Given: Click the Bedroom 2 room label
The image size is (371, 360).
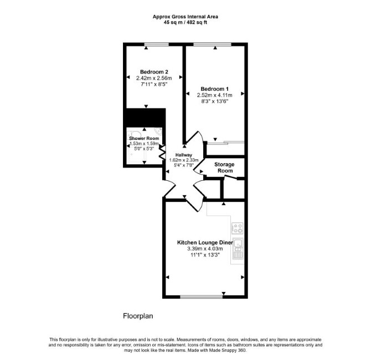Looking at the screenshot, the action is point(154,72).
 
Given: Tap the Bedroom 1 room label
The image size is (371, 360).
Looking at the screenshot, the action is point(215,89).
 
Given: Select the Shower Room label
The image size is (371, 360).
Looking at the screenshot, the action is point(144,138).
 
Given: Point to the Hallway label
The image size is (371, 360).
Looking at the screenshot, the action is point(184,155).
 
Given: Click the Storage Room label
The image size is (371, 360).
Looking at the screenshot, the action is point(225,168).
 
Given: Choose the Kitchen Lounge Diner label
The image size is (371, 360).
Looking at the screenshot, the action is point(205,243).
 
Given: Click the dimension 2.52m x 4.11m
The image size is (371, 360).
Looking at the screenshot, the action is point(215,95).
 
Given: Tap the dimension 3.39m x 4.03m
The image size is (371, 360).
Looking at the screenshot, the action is point(205,249).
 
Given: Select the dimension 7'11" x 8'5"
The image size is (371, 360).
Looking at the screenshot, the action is point(154,84).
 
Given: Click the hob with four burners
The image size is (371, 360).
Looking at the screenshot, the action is point(238,228).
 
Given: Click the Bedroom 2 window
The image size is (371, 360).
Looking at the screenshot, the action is point(157,44).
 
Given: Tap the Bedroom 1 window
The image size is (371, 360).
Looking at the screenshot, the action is point(212,44).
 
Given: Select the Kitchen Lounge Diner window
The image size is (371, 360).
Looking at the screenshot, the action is point(202,297).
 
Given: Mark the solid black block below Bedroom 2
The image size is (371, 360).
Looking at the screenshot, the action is point(146,118).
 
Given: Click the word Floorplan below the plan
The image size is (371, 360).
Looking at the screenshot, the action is point(138,316).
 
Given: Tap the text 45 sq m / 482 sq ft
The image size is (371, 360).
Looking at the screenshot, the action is point(185,23).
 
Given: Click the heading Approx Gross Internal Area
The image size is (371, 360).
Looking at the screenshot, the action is point(185,17).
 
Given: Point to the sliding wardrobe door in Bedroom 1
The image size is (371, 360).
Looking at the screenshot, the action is point(225,143).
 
